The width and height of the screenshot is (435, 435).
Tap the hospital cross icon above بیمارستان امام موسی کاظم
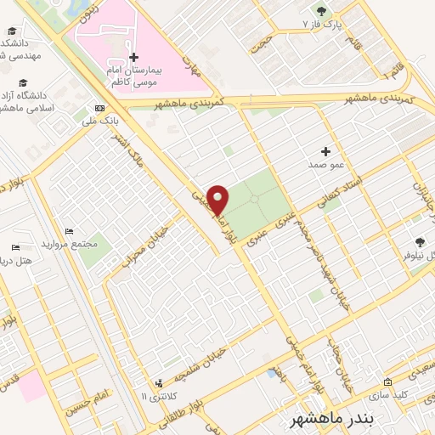tap(133, 58)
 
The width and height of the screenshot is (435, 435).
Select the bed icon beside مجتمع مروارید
tap(70, 231)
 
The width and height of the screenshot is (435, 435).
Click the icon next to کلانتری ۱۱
tap(158, 385)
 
